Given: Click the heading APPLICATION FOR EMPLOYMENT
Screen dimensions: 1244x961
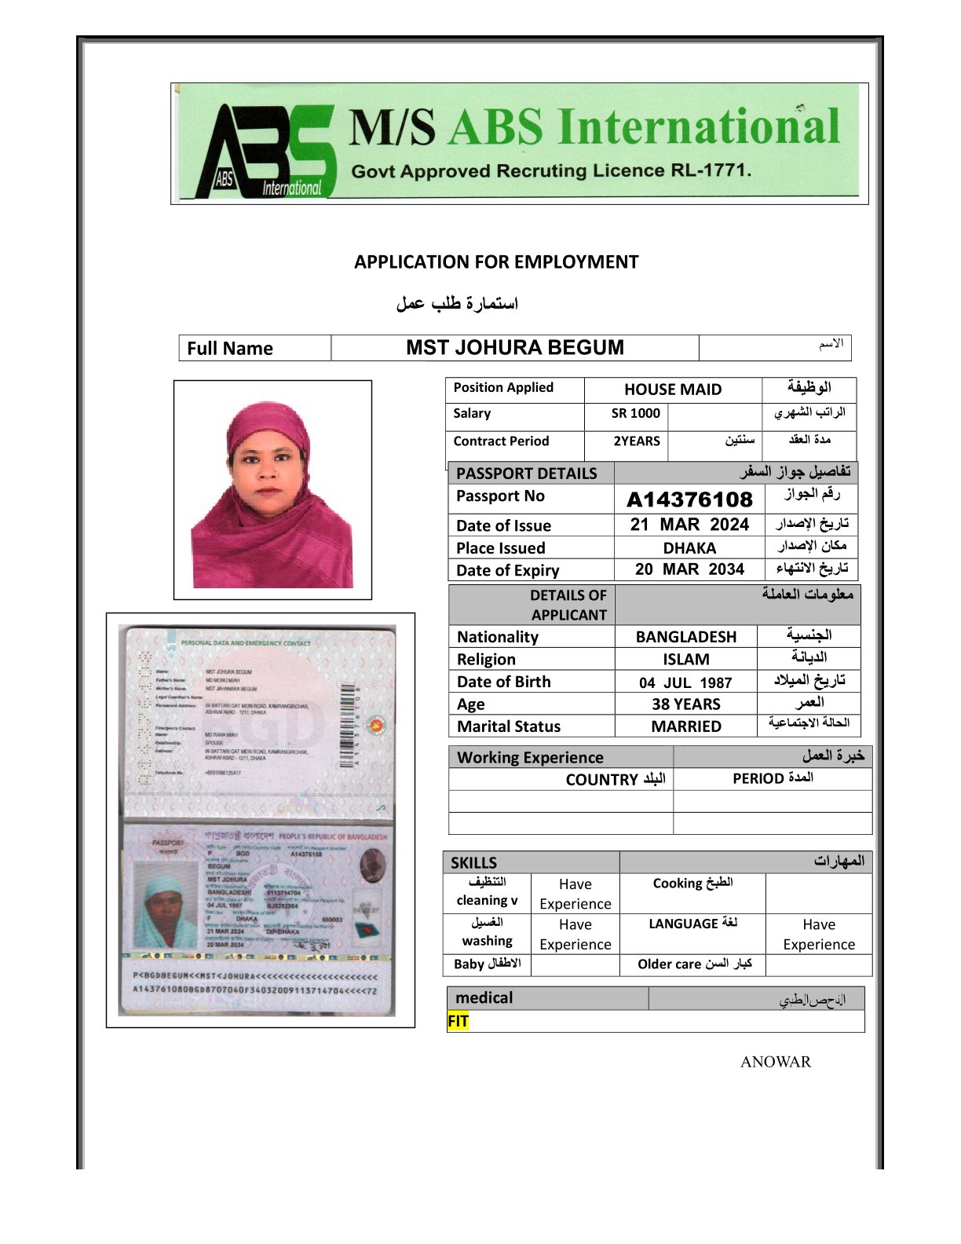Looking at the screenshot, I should point(496,262).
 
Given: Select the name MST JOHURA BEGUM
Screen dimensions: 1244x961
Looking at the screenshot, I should point(515,348).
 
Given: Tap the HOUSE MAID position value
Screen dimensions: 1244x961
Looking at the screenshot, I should point(673,390).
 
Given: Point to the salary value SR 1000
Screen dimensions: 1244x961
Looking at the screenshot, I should point(636,414).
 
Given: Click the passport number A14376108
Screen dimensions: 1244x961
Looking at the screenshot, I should point(689,499).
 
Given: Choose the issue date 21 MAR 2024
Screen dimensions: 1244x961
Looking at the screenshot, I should point(689,525).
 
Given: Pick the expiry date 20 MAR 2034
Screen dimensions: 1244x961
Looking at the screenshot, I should point(689,569).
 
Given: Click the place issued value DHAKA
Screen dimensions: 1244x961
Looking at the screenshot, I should point(689,548).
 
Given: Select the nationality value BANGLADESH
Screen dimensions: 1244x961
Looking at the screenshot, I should point(686,637).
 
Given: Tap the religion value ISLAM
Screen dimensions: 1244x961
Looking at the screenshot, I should point(686,660).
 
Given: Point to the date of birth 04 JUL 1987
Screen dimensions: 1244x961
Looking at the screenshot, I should point(685,682).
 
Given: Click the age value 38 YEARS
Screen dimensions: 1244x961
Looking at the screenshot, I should point(686,704).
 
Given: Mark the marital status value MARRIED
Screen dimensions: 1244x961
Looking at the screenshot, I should point(686,726).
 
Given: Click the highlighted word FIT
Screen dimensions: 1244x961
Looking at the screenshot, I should point(459,1021).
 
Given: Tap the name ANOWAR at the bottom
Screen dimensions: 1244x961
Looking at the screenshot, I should point(775,1062).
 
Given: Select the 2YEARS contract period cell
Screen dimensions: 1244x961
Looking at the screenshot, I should point(637,441).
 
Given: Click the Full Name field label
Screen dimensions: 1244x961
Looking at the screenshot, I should point(230,349).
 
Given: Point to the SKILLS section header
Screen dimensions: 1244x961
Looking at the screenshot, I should point(473,862).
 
